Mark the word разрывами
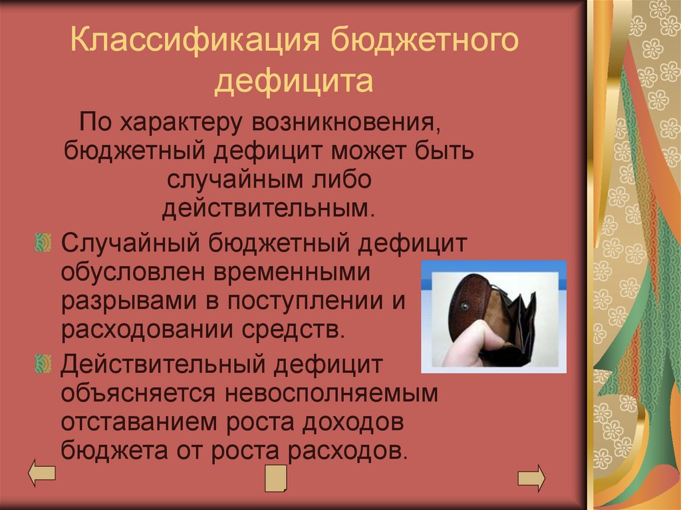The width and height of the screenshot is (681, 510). click(128, 300)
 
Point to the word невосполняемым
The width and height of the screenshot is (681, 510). click(331, 393)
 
